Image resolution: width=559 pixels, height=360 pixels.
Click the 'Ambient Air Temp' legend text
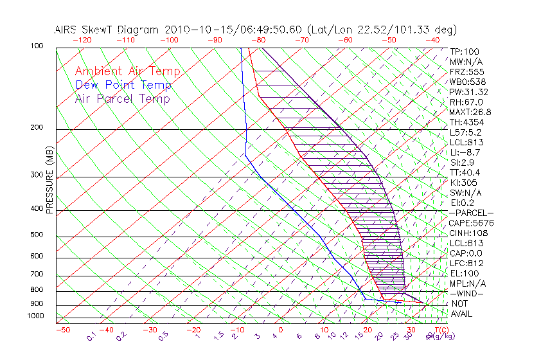127,72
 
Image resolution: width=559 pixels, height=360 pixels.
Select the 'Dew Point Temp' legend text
123,85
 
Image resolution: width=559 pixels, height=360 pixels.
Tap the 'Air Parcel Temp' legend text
122,99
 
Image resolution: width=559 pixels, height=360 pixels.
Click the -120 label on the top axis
82,40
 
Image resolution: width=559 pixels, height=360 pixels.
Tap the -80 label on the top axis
258,40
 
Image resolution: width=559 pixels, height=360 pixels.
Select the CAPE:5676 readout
471,223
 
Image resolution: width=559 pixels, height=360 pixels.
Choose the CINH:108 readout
469,233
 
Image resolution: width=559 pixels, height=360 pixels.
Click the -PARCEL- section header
471,213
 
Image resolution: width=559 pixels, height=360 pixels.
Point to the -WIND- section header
466,293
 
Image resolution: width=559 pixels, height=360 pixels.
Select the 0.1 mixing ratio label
92,335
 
